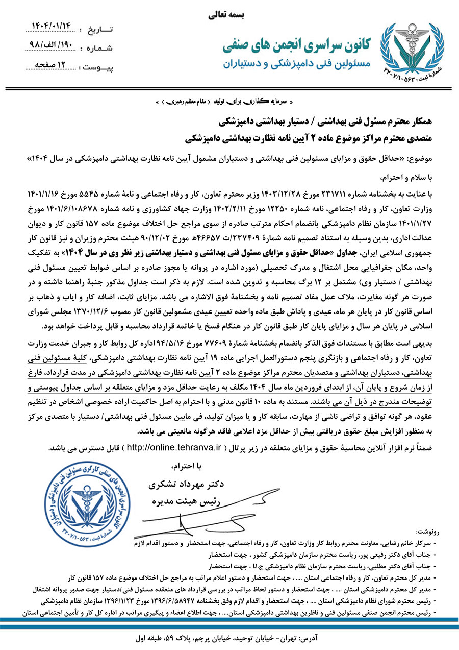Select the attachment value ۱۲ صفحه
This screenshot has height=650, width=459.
(49, 65)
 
